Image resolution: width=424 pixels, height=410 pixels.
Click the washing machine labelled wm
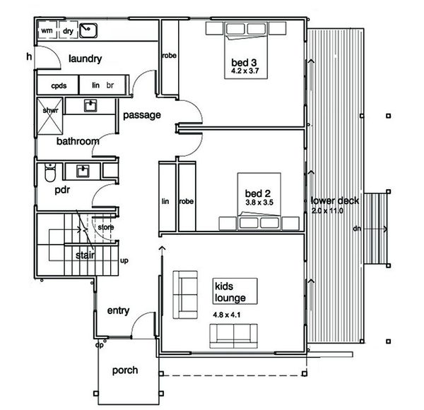point(47,30)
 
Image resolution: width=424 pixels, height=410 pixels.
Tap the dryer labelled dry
point(68,30)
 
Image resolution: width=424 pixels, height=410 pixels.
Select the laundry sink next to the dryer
point(88,30)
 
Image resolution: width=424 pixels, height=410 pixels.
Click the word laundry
point(86,59)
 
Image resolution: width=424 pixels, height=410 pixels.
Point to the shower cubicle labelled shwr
point(50,116)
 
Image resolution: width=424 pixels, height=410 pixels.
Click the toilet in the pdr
point(50,171)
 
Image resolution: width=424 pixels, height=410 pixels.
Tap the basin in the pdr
point(83,171)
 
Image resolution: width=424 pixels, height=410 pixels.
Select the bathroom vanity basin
point(90,105)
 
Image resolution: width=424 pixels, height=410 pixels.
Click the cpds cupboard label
point(59,85)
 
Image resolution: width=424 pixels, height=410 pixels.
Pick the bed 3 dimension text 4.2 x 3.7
point(245,71)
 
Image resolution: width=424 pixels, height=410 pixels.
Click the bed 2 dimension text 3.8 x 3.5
point(259,203)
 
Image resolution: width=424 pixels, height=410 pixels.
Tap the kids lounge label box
point(235,291)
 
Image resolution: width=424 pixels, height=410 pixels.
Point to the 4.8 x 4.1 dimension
point(227,315)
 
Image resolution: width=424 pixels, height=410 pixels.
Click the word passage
point(142,115)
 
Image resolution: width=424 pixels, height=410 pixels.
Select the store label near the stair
point(106,227)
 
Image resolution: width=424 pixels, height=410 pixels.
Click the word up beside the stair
point(124,260)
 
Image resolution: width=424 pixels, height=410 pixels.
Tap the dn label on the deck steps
point(357,229)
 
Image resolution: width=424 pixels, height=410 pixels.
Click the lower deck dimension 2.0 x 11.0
point(327,211)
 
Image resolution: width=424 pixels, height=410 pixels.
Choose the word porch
point(125,370)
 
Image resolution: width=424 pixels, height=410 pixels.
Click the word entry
point(118,310)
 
